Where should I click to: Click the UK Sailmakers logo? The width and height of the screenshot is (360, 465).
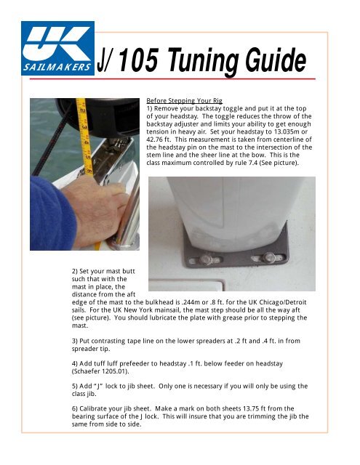tap(58, 49)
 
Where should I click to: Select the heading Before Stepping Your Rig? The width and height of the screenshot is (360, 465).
tap(184, 100)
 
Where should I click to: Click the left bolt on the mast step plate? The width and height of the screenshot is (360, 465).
tap(206, 260)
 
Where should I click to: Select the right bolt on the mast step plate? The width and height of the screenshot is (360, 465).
tap(269, 256)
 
